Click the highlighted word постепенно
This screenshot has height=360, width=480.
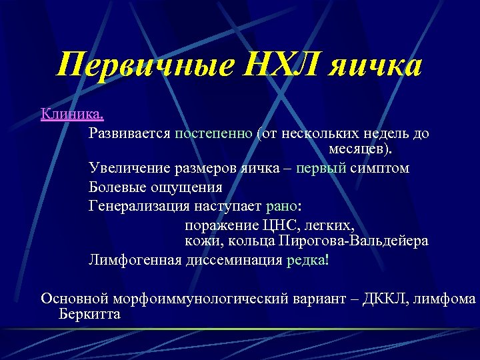[213, 133]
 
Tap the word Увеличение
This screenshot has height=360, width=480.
[127, 168]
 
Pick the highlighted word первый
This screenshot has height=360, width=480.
[322, 168]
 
